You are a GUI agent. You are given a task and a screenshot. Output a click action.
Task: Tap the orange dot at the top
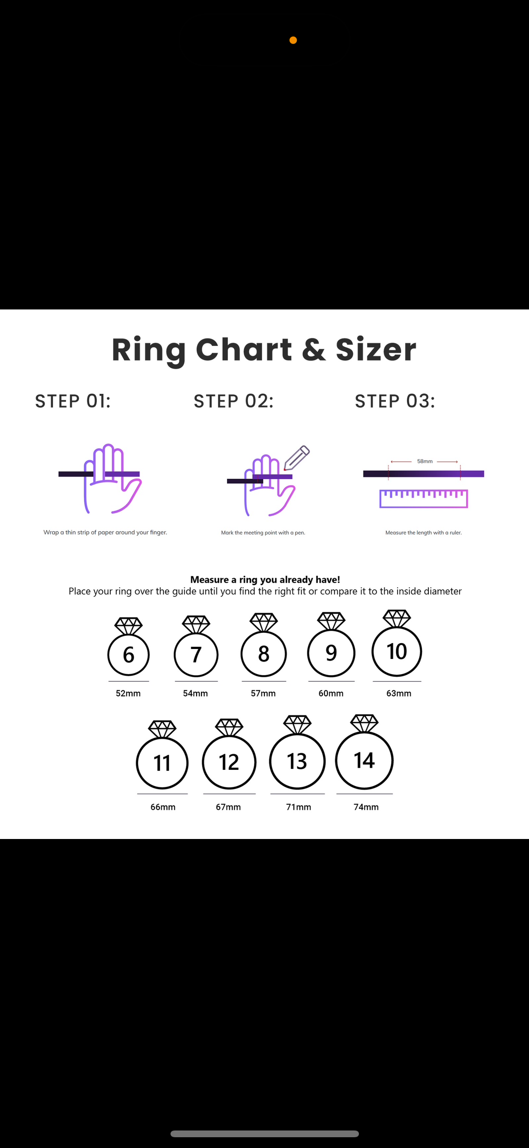click(x=293, y=40)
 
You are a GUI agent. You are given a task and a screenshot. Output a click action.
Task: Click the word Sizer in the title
click(x=376, y=349)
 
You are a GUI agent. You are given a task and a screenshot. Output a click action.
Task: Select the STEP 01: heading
click(x=73, y=401)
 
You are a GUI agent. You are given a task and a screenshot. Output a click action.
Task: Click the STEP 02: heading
click(x=233, y=401)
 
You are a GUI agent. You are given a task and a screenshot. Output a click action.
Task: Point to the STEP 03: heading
click(x=395, y=401)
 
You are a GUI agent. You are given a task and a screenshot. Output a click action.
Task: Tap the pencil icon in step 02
click(x=297, y=458)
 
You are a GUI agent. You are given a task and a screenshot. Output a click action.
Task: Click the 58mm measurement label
click(x=425, y=461)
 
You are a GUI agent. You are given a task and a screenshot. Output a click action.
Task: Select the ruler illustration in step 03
click(x=424, y=499)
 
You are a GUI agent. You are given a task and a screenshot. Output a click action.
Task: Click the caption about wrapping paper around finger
click(x=105, y=532)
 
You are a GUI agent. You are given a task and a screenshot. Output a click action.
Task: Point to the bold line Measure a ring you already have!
click(x=265, y=579)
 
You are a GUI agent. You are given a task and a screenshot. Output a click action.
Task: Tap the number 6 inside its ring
click(x=128, y=655)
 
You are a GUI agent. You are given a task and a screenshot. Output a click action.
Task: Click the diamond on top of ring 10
click(x=397, y=618)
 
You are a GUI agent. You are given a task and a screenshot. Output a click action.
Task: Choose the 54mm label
click(x=195, y=693)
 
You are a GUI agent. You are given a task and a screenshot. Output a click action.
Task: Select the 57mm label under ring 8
click(x=263, y=693)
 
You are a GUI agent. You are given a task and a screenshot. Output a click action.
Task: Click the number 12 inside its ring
click(x=229, y=762)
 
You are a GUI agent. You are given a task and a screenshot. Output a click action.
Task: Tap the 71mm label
click(x=298, y=807)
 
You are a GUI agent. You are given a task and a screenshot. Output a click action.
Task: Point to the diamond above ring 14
click(x=364, y=723)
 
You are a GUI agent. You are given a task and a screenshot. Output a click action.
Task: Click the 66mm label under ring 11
click(x=163, y=807)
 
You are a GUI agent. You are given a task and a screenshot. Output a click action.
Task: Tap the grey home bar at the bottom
click(x=265, y=1134)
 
